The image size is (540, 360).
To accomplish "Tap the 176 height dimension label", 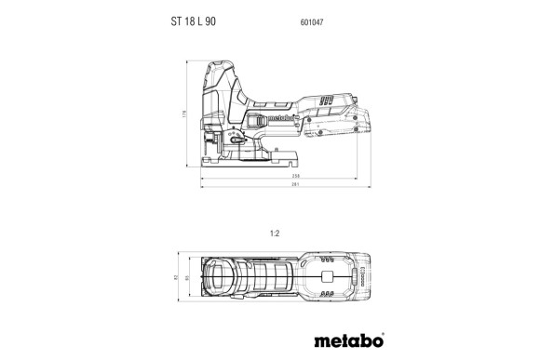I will (185, 115).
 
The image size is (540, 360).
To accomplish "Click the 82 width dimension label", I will (175, 276).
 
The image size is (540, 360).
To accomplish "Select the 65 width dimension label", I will (186, 276).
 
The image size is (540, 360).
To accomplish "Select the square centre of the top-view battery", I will (328, 276).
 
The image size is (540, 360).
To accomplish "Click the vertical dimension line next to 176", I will (191, 115).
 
